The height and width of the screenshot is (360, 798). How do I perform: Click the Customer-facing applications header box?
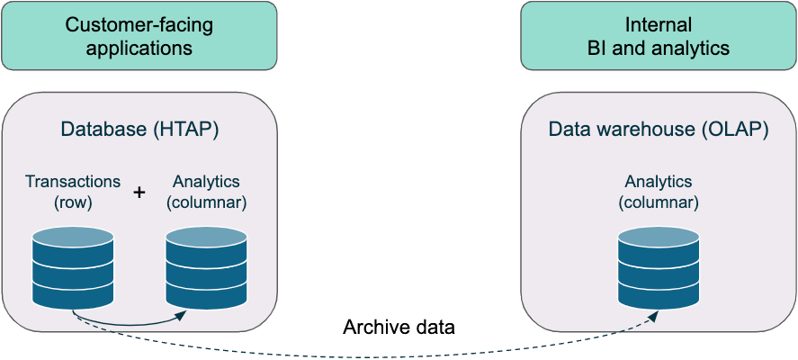pos(139,36)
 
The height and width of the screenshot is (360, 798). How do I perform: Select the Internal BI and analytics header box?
pos(659,36)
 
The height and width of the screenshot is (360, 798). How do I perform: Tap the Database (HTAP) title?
pos(139,130)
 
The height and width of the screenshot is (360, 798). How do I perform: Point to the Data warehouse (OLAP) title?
pos(659,130)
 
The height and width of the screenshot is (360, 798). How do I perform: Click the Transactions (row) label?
pos(71,192)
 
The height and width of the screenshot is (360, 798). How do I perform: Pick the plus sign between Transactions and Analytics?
pos(139,192)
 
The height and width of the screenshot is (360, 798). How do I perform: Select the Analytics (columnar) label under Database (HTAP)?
pos(207,192)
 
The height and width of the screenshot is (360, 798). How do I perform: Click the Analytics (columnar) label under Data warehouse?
pos(659,192)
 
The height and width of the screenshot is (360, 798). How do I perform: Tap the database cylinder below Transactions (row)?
pos(73,266)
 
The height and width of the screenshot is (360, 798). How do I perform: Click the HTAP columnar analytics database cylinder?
pos(207,266)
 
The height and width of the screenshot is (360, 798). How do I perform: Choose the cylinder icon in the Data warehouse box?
pos(659,266)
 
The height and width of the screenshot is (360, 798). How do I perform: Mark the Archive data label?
pos(399,327)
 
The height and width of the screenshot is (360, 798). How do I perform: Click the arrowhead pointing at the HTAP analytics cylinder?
pos(182,314)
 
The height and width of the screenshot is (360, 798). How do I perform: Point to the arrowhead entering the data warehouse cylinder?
pos(654,314)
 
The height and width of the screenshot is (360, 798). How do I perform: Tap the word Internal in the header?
pos(659,25)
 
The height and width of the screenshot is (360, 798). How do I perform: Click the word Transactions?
pos(71,182)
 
